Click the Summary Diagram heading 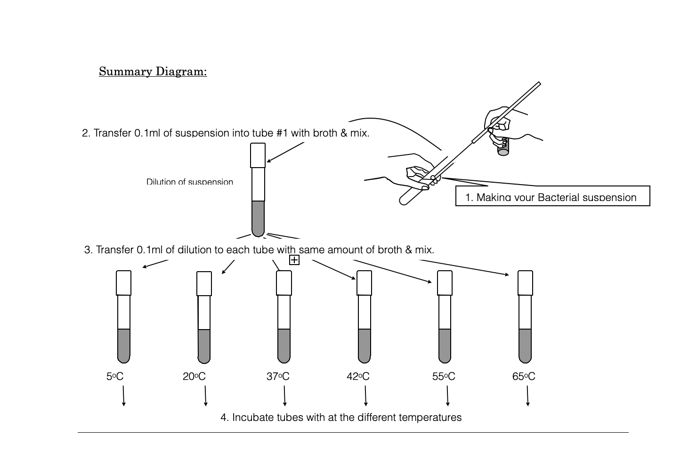coord(153,72)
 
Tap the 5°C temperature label coord(115,376)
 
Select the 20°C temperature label coord(194,376)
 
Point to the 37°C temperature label coord(278,376)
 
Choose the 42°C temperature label coord(358,376)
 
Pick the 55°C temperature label coord(444,376)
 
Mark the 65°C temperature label coord(524,376)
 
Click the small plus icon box coord(294,260)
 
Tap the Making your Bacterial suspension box coord(552,196)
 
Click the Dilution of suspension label coord(189,182)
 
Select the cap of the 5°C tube coord(124,283)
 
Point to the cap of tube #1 coord(258,155)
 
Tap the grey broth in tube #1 coord(258,218)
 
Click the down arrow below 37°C coord(284,395)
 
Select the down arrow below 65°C coord(527,395)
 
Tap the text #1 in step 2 coord(282,133)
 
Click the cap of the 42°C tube coord(365,283)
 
